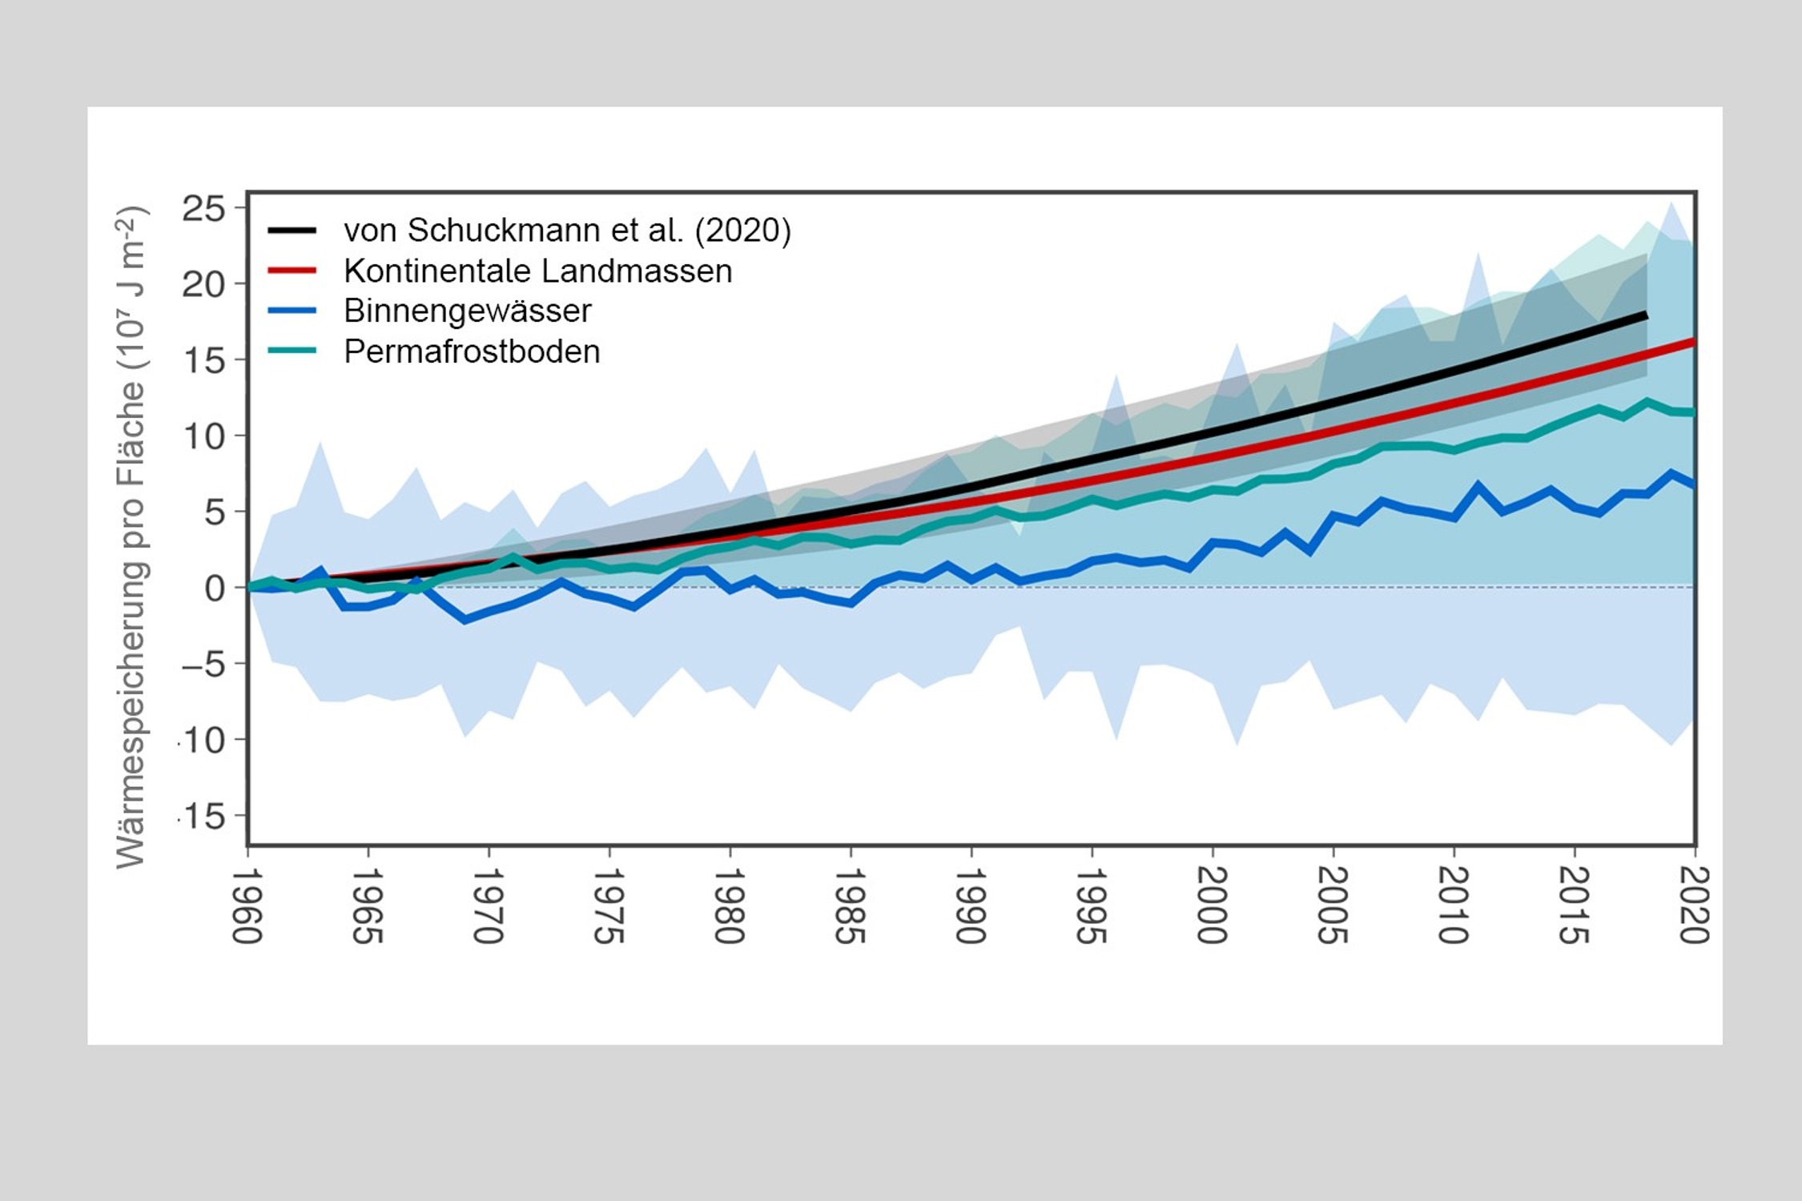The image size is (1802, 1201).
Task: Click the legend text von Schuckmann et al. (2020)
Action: pyautogui.click(x=567, y=231)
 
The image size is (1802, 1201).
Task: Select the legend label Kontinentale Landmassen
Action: pyautogui.click(x=537, y=271)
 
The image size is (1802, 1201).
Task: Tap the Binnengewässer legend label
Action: pyautogui.click(x=467, y=311)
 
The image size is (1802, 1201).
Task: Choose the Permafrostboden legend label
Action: pyautogui.click(x=472, y=351)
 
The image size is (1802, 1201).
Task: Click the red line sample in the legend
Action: pyautogui.click(x=292, y=271)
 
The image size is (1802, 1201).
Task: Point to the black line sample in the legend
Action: pyautogui.click(x=292, y=231)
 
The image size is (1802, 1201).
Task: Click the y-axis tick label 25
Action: pyautogui.click(x=203, y=209)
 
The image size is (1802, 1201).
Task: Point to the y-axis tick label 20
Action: pyautogui.click(x=203, y=284)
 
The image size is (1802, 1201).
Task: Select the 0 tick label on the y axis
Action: pyautogui.click(x=215, y=588)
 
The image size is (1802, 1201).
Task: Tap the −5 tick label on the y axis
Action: pyautogui.click(x=203, y=664)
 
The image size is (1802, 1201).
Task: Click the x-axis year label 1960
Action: pyautogui.click(x=247, y=905)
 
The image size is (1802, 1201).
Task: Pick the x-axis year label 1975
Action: pyautogui.click(x=608, y=905)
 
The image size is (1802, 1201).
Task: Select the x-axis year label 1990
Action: pyautogui.click(x=970, y=905)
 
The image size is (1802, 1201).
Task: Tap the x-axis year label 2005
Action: pyautogui.click(x=1332, y=905)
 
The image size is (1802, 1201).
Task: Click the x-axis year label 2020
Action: pyautogui.click(x=1693, y=905)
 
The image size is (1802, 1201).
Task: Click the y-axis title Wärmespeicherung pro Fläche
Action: pyautogui.click(x=131, y=536)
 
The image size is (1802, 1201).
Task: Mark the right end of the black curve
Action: pyautogui.click(x=1645, y=316)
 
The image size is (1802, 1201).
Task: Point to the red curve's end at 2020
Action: pyautogui.click(x=1692, y=343)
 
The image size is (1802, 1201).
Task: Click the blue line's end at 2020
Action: pyautogui.click(x=1691, y=484)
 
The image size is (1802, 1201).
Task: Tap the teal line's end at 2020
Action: pyautogui.click(x=1691, y=412)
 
